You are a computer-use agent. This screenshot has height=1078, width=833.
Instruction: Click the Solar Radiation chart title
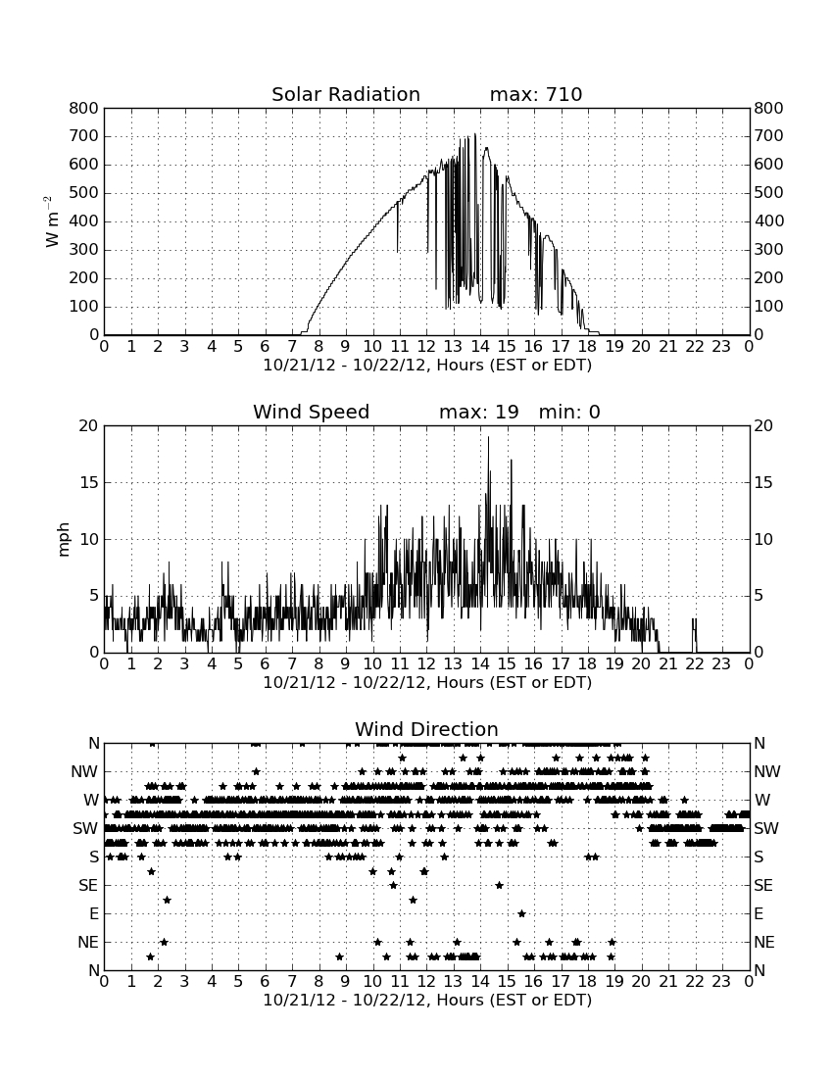[x=346, y=94]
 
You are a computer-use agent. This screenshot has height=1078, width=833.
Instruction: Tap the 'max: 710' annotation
[x=536, y=94]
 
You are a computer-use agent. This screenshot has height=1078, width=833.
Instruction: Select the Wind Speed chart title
[x=312, y=412]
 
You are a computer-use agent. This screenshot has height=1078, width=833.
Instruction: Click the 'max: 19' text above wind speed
[x=479, y=412]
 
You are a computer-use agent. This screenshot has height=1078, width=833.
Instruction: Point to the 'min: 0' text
[x=569, y=412]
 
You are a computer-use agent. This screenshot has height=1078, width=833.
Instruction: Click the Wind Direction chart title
[x=427, y=729]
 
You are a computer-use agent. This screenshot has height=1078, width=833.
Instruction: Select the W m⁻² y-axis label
[x=52, y=221]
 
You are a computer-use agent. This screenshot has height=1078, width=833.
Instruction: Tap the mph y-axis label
[x=64, y=539]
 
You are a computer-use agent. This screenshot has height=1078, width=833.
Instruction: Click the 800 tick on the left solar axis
[x=84, y=108]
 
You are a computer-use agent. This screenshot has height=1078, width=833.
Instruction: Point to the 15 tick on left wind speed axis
[x=89, y=482]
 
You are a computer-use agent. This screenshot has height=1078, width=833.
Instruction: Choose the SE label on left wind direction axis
[x=88, y=886]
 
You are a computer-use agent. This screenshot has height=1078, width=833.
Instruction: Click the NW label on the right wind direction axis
[x=767, y=772]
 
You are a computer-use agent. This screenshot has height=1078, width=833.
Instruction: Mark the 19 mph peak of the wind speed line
[x=489, y=437]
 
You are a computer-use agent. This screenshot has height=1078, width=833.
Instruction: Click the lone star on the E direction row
[x=521, y=913]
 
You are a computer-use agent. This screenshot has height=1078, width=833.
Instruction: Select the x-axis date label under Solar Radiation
[x=427, y=366]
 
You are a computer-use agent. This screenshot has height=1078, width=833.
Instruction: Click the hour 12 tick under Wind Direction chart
[x=427, y=981]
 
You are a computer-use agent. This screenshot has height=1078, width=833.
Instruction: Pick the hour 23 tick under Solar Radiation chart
[x=721, y=346]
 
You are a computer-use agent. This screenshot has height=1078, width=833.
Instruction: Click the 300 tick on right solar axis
[x=768, y=250]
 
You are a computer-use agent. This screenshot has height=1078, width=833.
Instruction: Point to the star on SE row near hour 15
[x=499, y=885]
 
